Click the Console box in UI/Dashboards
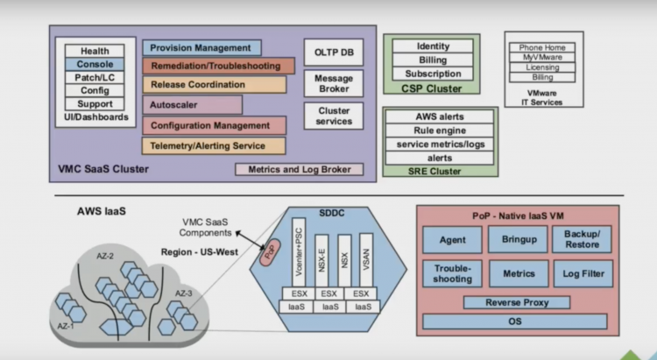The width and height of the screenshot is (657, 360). [94, 64]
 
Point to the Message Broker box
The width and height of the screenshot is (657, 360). [328, 84]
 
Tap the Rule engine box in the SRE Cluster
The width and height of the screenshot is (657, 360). [440, 130]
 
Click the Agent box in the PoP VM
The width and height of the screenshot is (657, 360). [451, 238]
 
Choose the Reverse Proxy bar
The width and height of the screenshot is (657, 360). [516, 302]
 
